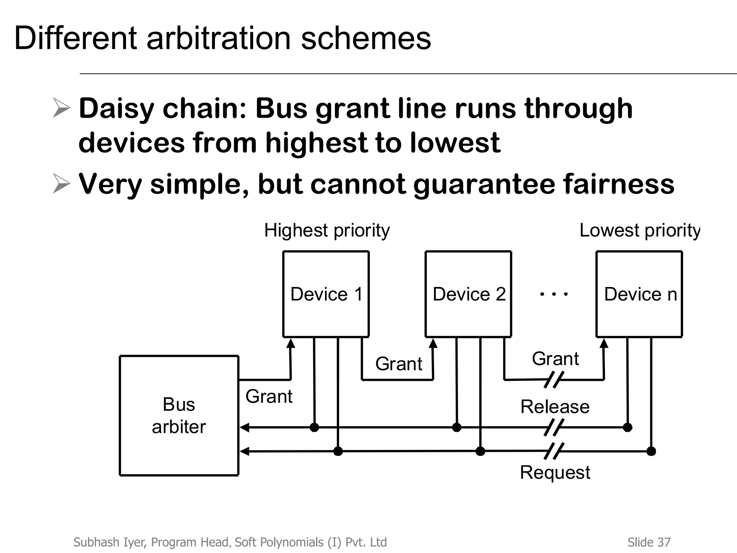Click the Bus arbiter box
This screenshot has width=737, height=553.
179,415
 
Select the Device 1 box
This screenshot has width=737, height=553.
326,294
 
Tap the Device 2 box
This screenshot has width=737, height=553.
468,294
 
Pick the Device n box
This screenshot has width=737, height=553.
639,294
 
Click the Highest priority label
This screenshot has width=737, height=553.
327,230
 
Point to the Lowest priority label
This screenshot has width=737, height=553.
640,230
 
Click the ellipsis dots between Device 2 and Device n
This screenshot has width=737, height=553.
554,294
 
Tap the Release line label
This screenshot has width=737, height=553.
555,407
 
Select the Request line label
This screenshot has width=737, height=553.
555,472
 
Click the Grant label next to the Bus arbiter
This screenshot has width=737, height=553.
269,396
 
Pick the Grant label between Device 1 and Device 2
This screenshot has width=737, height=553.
399,364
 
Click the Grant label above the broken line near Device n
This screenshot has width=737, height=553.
555,359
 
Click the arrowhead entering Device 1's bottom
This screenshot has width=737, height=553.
291,343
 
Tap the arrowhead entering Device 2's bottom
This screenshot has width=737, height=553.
433,343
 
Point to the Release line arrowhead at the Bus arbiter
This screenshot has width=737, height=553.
244,428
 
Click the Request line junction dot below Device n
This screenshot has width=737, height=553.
651,451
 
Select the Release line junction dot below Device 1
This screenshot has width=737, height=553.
314,427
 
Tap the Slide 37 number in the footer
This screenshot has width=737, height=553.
649,542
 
